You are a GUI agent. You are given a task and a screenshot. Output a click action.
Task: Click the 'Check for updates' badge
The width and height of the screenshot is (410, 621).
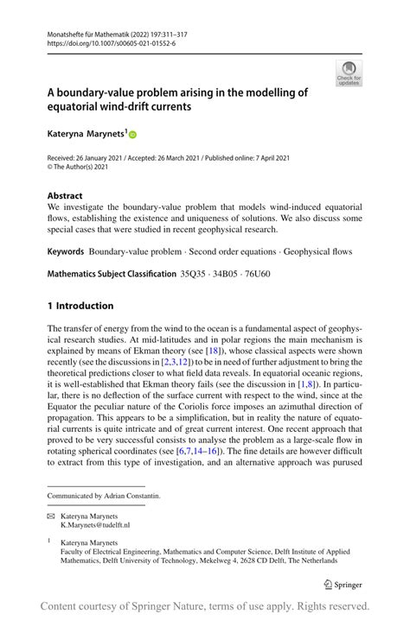349,73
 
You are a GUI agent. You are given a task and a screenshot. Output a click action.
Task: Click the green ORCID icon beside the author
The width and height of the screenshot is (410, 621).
133,136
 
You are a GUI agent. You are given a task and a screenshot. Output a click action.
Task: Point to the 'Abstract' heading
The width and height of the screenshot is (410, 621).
66,196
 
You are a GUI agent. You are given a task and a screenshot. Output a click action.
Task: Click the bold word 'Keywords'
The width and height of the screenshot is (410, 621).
66,250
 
